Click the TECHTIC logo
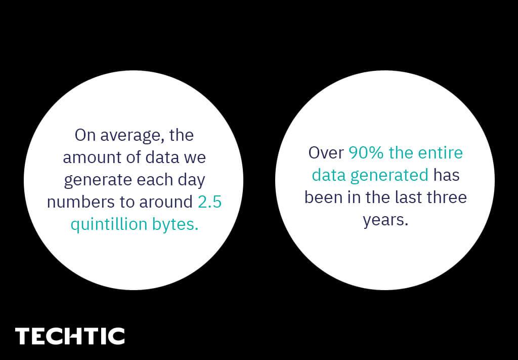70,336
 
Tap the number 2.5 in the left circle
209,202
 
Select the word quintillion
109,225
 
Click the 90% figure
366,153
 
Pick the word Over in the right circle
326,153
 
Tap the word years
385,220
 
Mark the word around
166,202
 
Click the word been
319,197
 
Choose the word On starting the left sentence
85,135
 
